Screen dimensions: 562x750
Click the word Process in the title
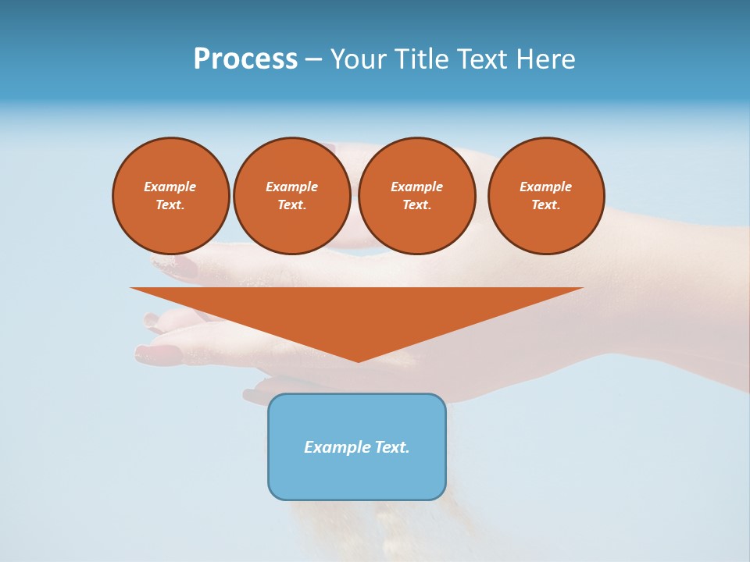tap(245, 59)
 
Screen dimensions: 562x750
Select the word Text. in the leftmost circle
tap(170, 205)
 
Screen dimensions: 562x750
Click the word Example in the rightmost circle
tap(545, 187)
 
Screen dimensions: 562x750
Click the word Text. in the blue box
tap(391, 447)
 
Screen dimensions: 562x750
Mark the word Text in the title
tap(484, 59)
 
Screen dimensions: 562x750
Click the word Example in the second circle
tap(291, 187)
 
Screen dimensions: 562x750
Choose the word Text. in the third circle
tap(416, 205)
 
